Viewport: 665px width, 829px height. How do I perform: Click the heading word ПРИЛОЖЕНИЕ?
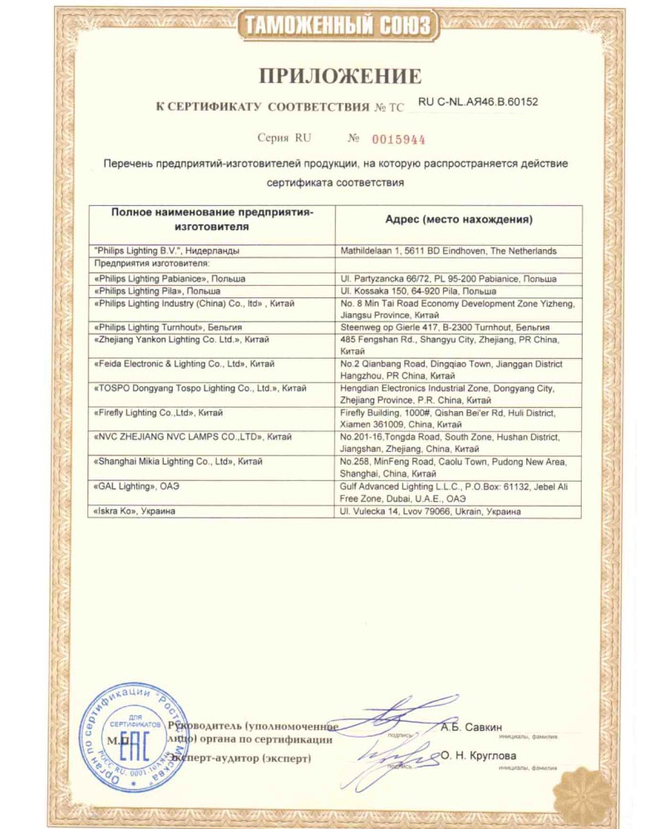click(339, 76)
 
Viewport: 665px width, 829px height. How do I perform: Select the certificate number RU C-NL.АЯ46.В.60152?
click(477, 102)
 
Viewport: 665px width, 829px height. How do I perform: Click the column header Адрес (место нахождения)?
click(459, 220)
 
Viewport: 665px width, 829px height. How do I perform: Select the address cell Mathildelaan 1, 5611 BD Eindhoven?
click(449, 250)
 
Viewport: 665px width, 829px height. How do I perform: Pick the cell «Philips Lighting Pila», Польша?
click(158, 292)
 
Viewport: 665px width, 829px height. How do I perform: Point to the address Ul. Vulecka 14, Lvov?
click(431, 512)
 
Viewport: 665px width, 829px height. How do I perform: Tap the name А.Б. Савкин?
click(472, 728)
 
